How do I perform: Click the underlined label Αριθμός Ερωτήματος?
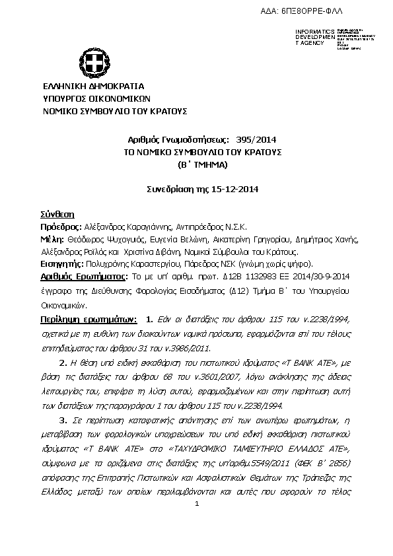click(84, 277)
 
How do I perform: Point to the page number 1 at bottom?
click(197, 505)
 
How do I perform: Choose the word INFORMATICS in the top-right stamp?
click(316, 32)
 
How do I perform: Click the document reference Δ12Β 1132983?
click(265, 277)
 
